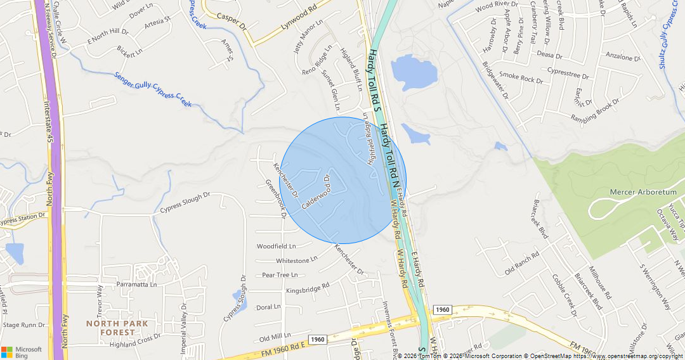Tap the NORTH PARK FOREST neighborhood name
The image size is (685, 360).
[x=118, y=328]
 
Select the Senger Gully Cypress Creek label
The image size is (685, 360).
[x=152, y=89]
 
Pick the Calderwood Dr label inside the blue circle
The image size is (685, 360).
[x=316, y=192]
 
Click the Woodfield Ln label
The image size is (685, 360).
[x=276, y=246]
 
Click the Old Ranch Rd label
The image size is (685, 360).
[x=522, y=263]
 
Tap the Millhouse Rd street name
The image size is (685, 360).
[x=600, y=282]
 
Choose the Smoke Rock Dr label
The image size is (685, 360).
[x=521, y=79]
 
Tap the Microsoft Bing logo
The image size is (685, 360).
[x=22, y=352]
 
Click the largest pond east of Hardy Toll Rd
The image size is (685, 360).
[x=414, y=71]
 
